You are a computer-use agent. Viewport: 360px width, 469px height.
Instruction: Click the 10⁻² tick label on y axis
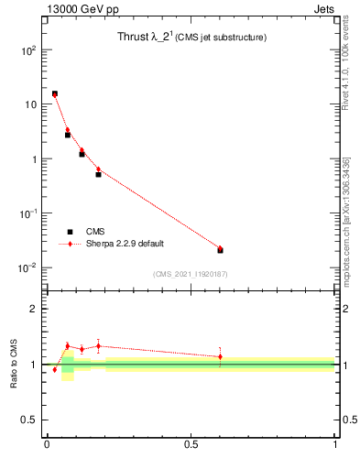pos(28,267)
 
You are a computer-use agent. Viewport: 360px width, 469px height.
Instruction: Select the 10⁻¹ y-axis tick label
pos(28,213)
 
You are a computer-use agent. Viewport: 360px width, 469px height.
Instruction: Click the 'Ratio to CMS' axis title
pos(14,364)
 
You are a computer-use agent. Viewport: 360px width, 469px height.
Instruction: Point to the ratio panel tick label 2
pos(33,309)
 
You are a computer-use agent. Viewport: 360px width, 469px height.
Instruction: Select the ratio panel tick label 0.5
pos(29,420)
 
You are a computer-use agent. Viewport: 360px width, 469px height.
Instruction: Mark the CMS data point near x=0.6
pos(220,250)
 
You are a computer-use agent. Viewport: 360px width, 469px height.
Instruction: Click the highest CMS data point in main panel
pos(55,93)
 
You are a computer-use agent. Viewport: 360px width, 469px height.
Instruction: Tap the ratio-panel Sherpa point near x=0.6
pos(220,356)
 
